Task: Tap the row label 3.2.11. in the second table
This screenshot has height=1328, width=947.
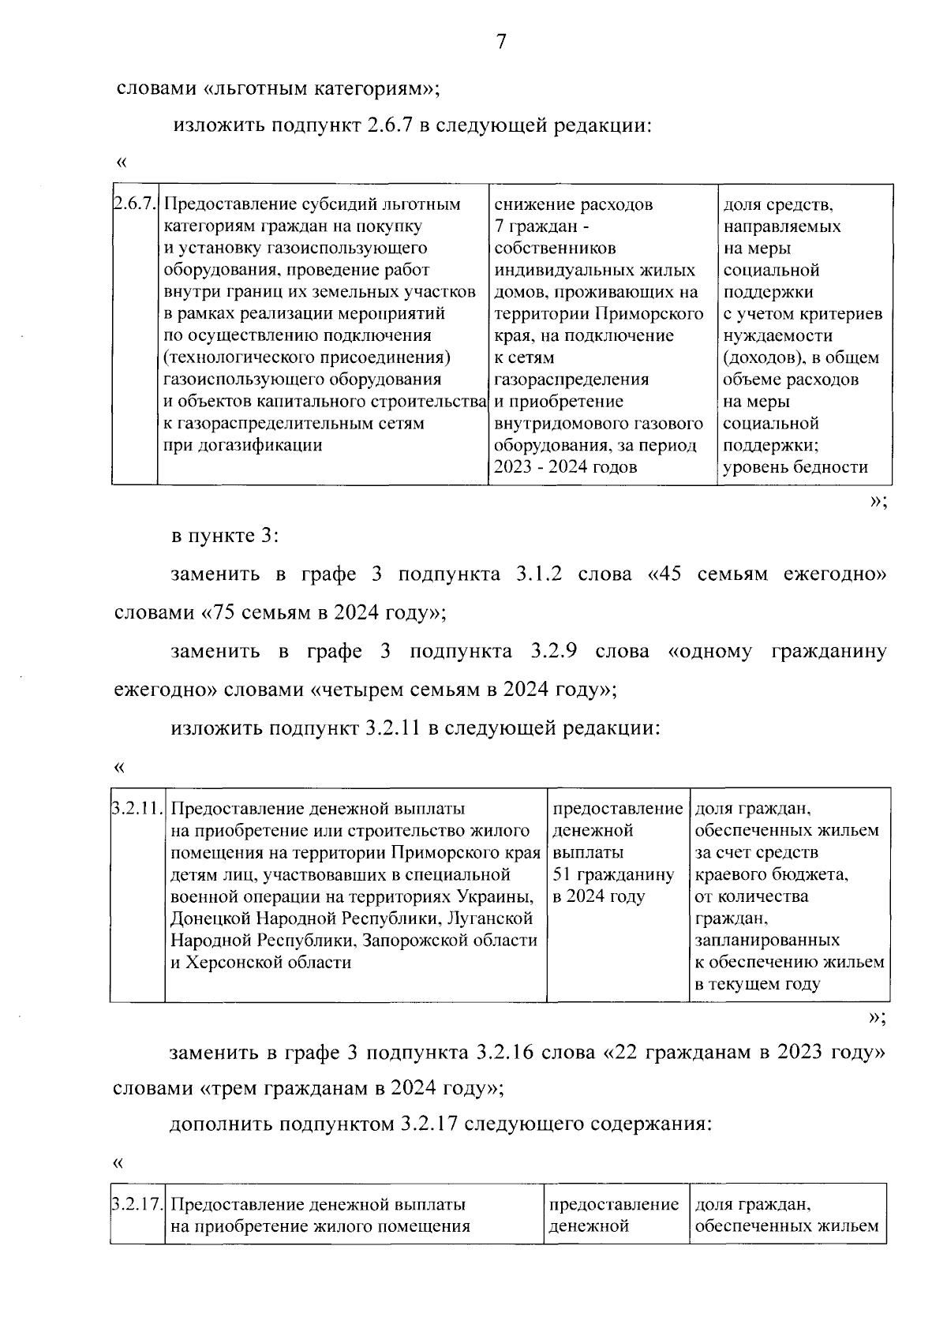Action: pyautogui.click(x=137, y=809)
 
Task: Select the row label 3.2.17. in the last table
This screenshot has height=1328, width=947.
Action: pyautogui.click(x=137, y=1205)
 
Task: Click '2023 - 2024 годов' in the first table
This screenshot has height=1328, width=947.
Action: pyautogui.click(x=565, y=467)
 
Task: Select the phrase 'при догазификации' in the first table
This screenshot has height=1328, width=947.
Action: pyautogui.click(x=242, y=445)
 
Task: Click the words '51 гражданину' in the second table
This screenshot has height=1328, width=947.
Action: pyautogui.click(x=613, y=874)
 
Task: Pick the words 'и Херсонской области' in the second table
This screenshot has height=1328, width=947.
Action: pyautogui.click(x=260, y=962)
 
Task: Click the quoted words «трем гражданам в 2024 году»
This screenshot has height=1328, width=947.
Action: pyautogui.click(x=347, y=1089)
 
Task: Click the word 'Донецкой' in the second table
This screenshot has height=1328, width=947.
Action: pyautogui.click(x=207, y=918)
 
